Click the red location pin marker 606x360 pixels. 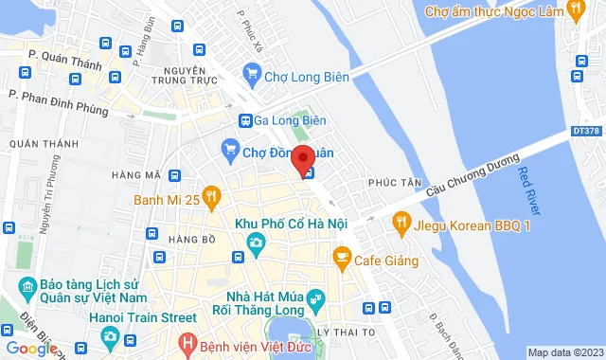[302, 159]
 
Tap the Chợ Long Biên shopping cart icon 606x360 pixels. [251, 71]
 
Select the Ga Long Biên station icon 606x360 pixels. [244, 120]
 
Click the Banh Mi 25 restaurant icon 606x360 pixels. [212, 198]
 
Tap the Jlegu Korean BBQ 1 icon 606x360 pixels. [401, 225]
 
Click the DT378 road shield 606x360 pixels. [586, 131]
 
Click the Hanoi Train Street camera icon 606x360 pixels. [111, 336]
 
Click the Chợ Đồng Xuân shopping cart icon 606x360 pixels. [229, 148]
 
